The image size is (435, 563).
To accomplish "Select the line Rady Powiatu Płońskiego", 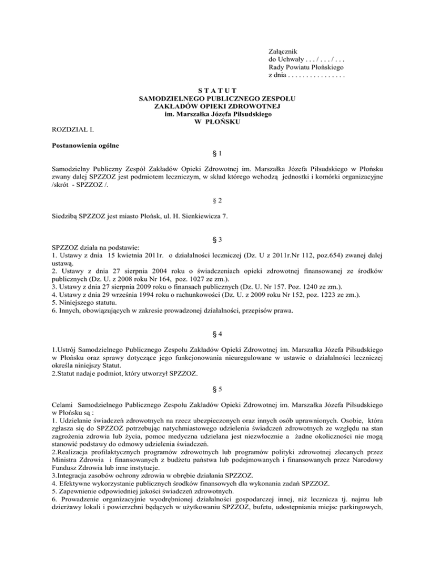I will tap(308, 67).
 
